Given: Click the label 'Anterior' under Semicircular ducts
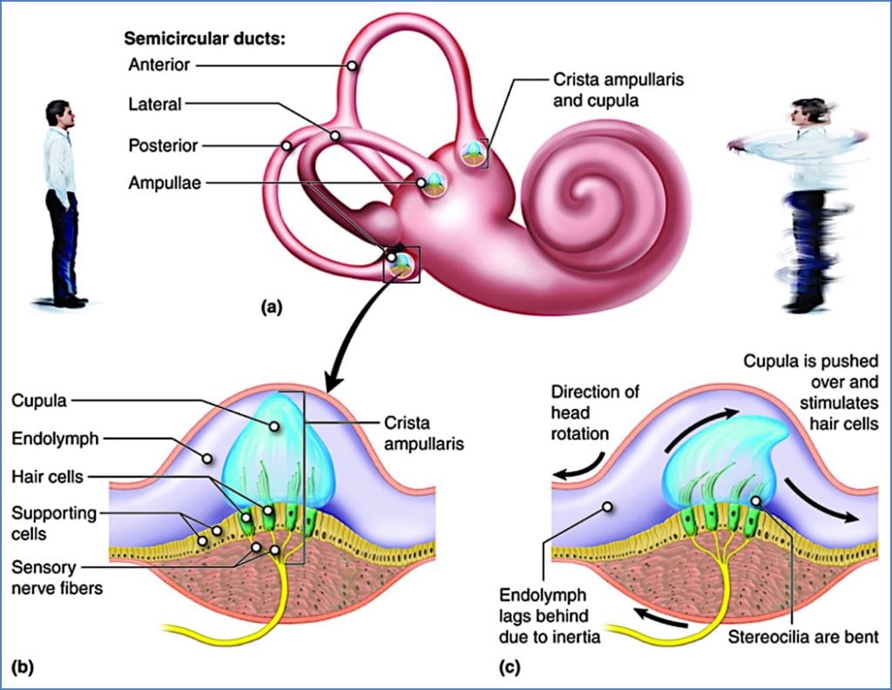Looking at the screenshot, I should [158, 65].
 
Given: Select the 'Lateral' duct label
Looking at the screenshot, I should [154, 104].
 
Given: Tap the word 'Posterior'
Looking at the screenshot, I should [162, 144].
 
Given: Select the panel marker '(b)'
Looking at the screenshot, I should [25, 667].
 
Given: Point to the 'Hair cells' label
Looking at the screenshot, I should [48, 477].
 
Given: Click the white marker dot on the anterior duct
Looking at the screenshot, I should [352, 65].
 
